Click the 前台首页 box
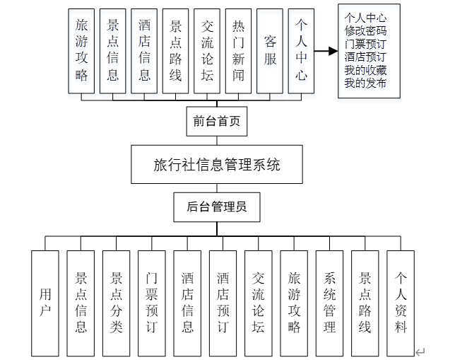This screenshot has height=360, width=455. (x=217, y=122)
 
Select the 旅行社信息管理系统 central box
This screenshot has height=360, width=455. (x=217, y=165)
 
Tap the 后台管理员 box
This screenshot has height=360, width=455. (x=216, y=207)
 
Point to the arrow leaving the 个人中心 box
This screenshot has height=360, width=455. (x=325, y=51)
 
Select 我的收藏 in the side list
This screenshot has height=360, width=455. (x=365, y=69)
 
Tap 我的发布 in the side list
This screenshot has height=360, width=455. (x=365, y=83)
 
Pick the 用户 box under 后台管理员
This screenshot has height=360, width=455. (x=45, y=303)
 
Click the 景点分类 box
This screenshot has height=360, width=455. (x=117, y=303)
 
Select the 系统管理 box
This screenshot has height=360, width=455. (x=330, y=303)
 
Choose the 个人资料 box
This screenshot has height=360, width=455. (x=401, y=303)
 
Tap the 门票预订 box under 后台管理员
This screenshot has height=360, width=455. (x=152, y=303)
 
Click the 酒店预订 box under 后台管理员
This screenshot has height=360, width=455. (x=223, y=303)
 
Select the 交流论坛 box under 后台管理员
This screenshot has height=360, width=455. (x=259, y=303)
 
